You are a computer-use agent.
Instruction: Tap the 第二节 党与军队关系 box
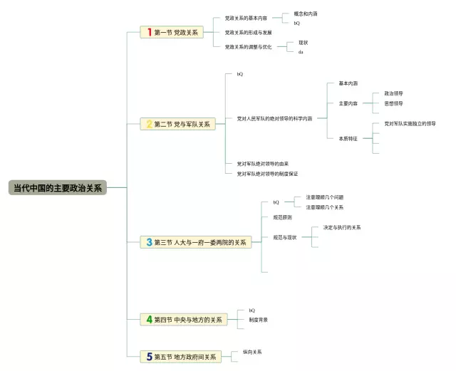coord(178,124)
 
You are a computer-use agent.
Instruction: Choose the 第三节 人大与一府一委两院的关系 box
coord(196,242)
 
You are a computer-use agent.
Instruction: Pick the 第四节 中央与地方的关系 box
coord(184,320)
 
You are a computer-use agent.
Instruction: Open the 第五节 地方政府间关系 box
coord(181,357)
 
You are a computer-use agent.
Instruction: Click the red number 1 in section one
coord(150,32)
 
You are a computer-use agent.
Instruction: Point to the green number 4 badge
coord(150,320)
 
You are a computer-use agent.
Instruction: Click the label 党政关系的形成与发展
coord(248,32)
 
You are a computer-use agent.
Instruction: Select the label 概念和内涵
coord(306,14)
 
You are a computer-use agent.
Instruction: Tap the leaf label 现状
coord(304,43)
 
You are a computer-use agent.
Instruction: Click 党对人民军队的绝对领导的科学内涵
coord(274,118)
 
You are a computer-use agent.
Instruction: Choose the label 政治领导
coord(393,93)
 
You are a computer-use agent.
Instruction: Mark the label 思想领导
coord(393,103)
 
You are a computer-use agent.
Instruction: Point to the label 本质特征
coord(348,138)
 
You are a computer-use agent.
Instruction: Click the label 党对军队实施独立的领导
coord(410,124)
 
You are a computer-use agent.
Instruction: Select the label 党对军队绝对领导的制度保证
coord(267,174)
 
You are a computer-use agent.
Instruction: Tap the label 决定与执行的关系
coord(342,228)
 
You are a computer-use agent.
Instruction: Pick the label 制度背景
coord(259,320)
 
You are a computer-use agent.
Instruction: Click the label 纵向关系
coord(252,352)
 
